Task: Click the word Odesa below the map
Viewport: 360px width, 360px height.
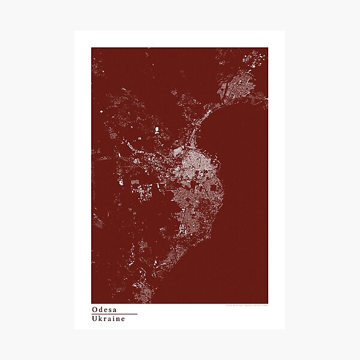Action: [105, 310]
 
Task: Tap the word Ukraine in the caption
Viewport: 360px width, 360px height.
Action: [109, 319]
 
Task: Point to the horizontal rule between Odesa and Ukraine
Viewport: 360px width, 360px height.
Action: [115, 314]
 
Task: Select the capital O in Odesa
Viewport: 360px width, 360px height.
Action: [95, 310]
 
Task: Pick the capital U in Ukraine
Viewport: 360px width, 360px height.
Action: [95, 319]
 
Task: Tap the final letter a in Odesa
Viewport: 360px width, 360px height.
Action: [116, 310]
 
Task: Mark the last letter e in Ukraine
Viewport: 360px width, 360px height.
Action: [123, 319]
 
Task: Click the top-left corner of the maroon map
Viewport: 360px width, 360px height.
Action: [92, 48]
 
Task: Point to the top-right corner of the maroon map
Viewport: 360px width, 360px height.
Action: [268, 48]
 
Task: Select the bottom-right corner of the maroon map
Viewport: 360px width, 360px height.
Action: [268, 303]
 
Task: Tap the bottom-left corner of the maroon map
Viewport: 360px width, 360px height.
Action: [92, 303]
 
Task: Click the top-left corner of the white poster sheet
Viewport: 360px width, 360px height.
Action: [75, 31]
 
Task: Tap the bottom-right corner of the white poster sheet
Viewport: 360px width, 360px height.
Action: [284, 329]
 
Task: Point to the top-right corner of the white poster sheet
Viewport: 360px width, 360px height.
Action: [284, 31]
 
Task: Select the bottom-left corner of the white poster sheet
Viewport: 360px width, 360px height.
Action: [75, 329]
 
